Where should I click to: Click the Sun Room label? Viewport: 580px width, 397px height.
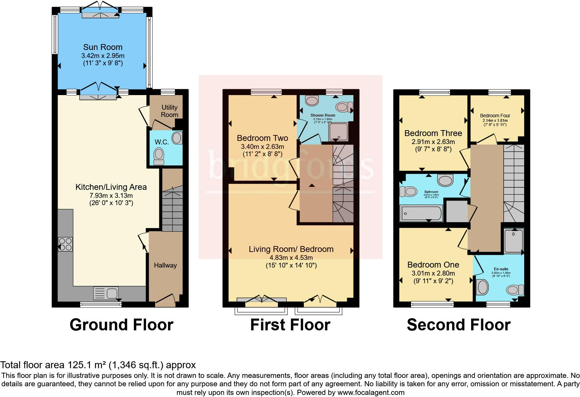(103, 47)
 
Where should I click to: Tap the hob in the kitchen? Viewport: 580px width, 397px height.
(66, 244)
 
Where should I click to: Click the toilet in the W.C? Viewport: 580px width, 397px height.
(159, 156)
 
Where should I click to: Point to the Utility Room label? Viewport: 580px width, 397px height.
(169, 111)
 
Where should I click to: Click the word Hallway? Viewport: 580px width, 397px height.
(165, 265)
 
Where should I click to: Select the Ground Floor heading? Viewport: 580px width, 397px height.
(121, 325)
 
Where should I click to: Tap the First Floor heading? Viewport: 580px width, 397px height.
(290, 325)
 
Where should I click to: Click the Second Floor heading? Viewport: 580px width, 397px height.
(459, 325)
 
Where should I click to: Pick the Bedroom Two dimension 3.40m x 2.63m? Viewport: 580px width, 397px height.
(262, 146)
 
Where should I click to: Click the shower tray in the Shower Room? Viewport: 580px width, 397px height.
(338, 132)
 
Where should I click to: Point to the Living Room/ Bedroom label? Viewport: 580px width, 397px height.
(291, 249)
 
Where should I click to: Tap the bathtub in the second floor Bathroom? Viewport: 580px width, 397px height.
(421, 213)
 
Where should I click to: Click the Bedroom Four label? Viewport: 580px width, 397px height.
(495, 116)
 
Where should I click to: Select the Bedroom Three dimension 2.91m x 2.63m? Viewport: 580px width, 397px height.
(433, 142)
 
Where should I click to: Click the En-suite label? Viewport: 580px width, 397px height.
(501, 269)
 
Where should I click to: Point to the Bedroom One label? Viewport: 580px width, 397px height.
(433, 265)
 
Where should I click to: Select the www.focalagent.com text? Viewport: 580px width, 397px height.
(370, 392)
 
